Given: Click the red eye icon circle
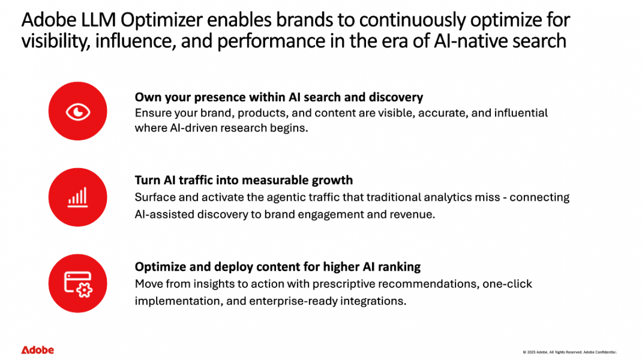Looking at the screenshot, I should pos(77,112).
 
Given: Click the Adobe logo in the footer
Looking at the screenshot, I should pos(37,350).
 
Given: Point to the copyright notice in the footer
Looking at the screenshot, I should pos(569,352).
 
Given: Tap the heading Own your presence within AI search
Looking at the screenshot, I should pos(278,97).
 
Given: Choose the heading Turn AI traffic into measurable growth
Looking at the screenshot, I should pos(244,180).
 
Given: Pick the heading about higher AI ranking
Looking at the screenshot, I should pos(277,267).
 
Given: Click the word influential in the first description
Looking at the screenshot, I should pos(520,113).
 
